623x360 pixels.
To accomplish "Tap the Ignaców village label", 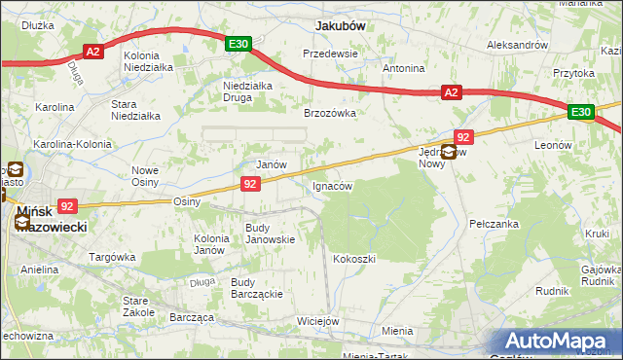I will click(x=331, y=185).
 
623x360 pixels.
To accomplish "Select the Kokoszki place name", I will click(x=353, y=259).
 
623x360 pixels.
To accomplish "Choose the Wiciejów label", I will click(x=317, y=321).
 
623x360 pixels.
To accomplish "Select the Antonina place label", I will click(x=403, y=69).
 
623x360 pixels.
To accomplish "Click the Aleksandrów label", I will click(x=518, y=46).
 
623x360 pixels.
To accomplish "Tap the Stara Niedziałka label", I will click(x=135, y=110).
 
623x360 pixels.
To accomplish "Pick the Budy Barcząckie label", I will click(x=256, y=289).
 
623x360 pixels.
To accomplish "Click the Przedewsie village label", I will click(x=331, y=54).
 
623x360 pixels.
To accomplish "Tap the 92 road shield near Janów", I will click(x=250, y=184).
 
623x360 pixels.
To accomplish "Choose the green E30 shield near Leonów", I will click(x=581, y=113).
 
